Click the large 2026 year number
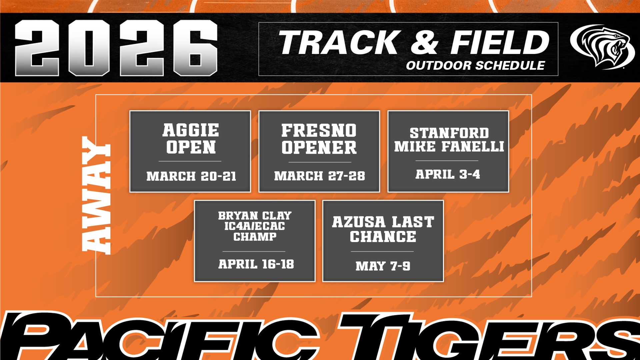116,48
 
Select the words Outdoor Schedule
475,66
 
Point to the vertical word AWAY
96,195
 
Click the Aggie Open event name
191,139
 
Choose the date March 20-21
191,176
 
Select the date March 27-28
319,176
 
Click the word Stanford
449,133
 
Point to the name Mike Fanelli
449,146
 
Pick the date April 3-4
448,174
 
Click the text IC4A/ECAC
255,226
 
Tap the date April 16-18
256,264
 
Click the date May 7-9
383,266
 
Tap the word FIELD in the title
500,42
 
